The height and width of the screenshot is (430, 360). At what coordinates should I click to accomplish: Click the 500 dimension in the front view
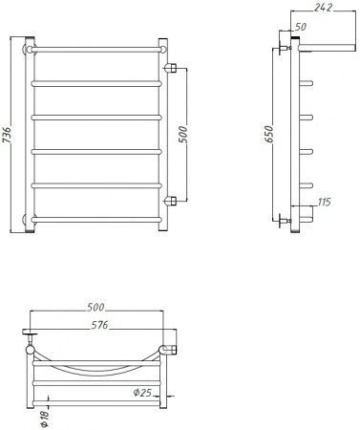click(181, 134)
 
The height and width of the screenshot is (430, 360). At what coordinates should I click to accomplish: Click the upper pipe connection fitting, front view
click(172, 68)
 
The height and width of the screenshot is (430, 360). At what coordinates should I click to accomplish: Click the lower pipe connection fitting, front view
click(172, 201)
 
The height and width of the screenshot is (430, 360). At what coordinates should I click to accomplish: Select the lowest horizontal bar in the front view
click(95, 220)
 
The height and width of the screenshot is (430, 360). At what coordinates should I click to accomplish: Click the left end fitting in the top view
click(31, 337)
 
